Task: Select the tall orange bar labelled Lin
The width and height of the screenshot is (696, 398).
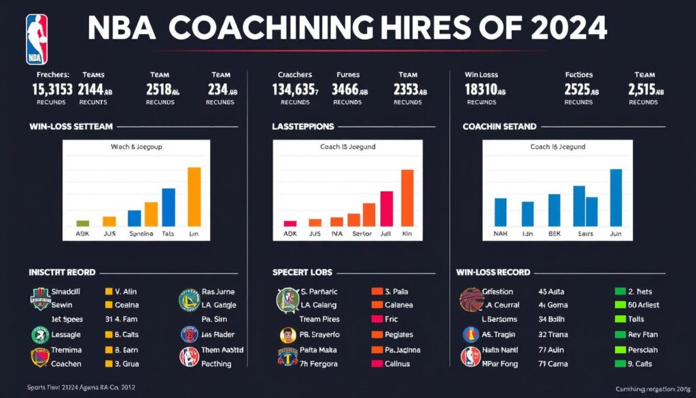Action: [x=194, y=197]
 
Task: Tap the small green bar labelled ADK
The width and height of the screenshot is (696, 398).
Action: [x=82, y=223]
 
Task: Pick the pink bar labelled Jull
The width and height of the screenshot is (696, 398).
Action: [x=386, y=208]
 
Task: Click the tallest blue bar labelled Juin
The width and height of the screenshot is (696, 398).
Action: [x=616, y=197]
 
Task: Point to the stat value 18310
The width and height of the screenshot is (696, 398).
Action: [x=484, y=89]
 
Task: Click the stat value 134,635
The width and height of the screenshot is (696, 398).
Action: [x=294, y=89]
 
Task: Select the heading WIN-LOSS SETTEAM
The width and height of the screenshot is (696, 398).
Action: [x=71, y=127]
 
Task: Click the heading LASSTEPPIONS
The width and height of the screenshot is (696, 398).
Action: [x=302, y=127]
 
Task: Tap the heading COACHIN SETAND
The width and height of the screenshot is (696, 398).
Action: [x=499, y=127]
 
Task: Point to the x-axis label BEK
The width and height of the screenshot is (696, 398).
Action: [x=554, y=233]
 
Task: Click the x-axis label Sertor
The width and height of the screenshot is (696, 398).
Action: [x=362, y=233]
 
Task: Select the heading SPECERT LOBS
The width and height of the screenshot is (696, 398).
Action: [x=302, y=272]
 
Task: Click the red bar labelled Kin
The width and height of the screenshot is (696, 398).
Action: [x=407, y=197]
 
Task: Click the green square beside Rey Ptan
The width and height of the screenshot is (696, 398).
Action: [x=619, y=334]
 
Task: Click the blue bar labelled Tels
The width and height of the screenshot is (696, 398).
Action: [x=169, y=207]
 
